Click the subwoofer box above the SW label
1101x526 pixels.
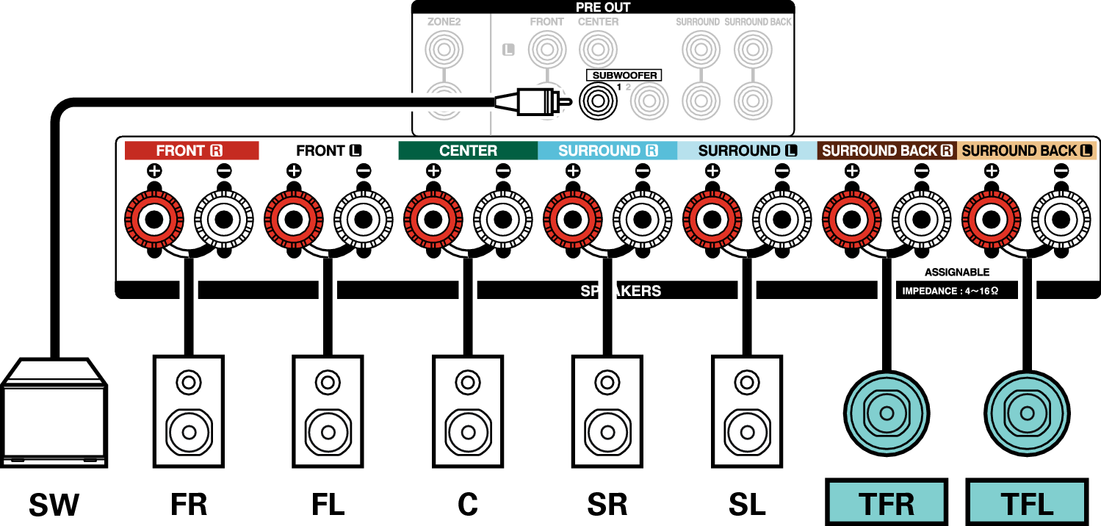54,413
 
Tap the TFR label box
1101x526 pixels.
887,502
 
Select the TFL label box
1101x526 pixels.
1027,502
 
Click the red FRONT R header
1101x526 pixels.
192,151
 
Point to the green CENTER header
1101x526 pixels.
468,151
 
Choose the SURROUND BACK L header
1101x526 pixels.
1027,151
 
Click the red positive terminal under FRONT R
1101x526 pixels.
154,219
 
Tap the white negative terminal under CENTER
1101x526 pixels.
503,219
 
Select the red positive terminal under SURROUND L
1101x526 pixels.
712,219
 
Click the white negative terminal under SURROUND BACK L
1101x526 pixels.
1061,219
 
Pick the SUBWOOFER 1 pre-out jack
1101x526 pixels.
598,101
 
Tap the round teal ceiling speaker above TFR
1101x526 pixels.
887,413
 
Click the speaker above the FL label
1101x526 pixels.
328,411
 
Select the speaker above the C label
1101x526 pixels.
468,411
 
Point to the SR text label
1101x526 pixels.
607,505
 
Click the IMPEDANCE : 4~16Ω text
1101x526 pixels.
950,291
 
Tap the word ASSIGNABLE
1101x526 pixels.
957,273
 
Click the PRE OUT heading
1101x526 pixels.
602,7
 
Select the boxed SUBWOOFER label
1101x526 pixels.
624,75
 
